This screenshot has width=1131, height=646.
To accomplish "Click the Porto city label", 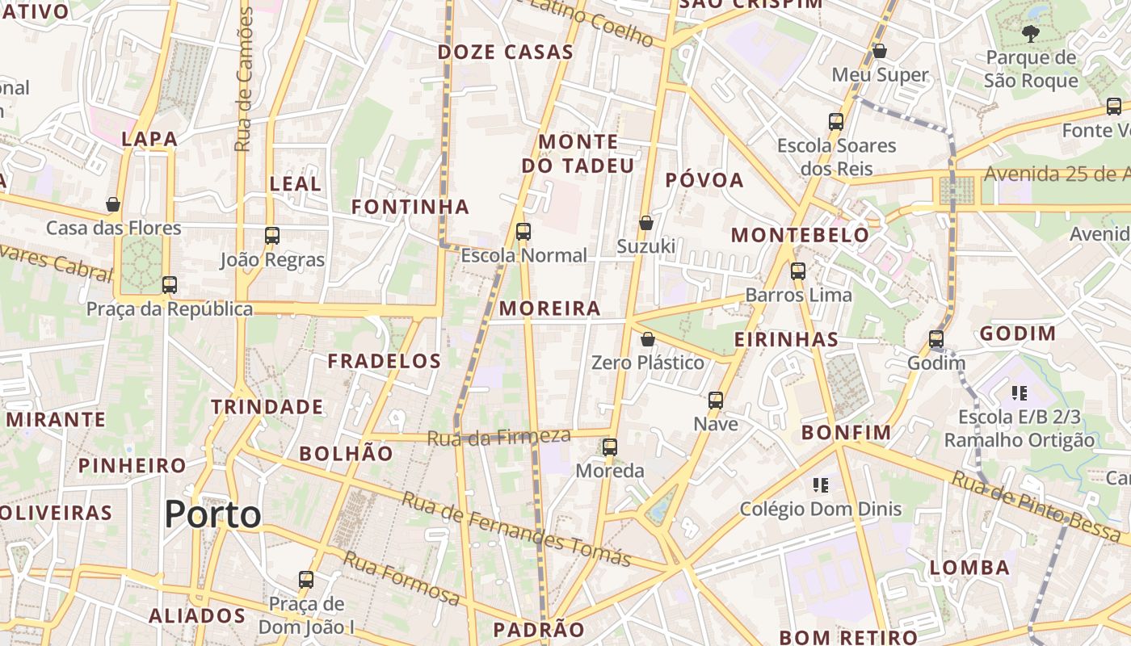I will (x=213, y=514).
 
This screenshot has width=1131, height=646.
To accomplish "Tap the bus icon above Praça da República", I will (x=169, y=285).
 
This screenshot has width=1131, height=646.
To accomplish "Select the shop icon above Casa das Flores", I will (x=113, y=204).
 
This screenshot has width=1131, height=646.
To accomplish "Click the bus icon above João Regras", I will (x=272, y=236).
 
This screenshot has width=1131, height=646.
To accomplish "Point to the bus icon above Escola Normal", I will (x=523, y=232).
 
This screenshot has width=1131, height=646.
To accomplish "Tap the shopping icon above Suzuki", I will (x=645, y=223).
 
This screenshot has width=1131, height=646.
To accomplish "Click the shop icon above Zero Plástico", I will (x=647, y=339).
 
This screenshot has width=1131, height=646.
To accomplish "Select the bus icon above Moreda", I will (x=610, y=447).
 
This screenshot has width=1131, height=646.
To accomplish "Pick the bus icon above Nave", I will (x=716, y=400).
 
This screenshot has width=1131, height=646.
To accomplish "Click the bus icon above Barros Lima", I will (x=798, y=271).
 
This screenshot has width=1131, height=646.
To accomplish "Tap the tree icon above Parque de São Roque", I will (x=1030, y=34).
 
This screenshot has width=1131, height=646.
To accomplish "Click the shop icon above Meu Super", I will (x=880, y=51).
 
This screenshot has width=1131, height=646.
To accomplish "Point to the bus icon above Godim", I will (x=936, y=339).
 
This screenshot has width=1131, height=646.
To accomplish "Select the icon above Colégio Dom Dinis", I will (x=821, y=485).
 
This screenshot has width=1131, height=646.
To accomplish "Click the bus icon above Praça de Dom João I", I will (x=306, y=579).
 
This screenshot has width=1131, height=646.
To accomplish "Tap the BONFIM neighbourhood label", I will (x=846, y=433).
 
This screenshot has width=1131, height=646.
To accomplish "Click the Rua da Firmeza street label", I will (x=498, y=438).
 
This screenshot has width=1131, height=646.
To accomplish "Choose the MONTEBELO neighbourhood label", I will (x=800, y=235).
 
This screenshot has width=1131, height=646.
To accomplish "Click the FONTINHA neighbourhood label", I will (x=410, y=207).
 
